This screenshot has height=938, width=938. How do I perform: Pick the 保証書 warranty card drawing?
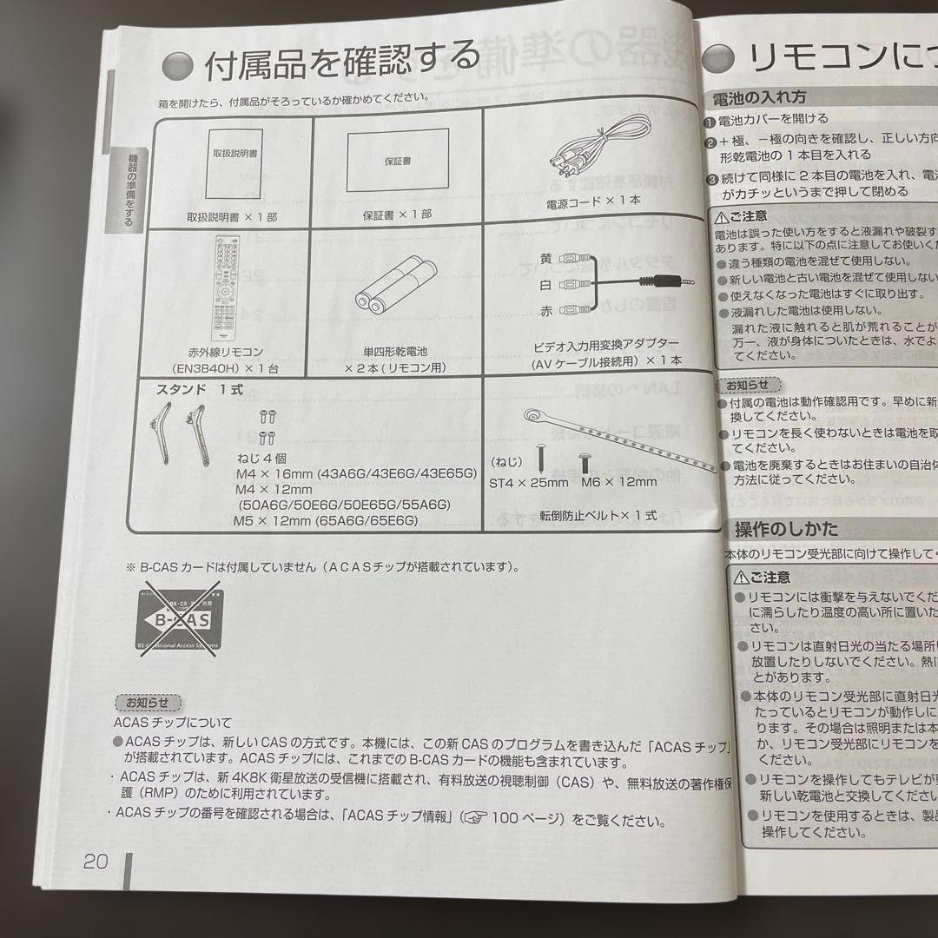pyautogui.click(x=397, y=162)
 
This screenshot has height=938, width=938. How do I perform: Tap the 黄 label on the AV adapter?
pyautogui.click(x=545, y=257)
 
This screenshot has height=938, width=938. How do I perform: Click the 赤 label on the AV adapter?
pyautogui.click(x=545, y=309)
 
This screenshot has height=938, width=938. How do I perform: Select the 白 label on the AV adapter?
pyautogui.click(x=545, y=283)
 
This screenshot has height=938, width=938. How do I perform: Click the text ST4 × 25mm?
pyautogui.click(x=528, y=483)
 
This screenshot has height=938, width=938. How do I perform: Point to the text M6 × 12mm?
pyautogui.click(x=619, y=482)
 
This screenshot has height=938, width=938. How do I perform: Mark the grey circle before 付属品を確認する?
pyautogui.click(x=178, y=66)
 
